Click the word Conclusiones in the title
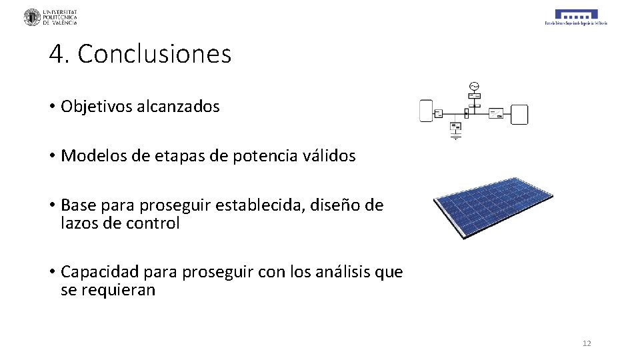[x=154, y=54]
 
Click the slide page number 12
[x=587, y=343]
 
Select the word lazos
[x=80, y=223]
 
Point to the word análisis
[x=344, y=272]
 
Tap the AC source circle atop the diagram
[x=474, y=86]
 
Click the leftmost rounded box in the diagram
[x=426, y=111]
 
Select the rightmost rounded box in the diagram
[x=519, y=115]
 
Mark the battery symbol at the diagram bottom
[x=456, y=136]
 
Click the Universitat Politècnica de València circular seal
[x=32, y=17]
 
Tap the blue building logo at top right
[x=576, y=15]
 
